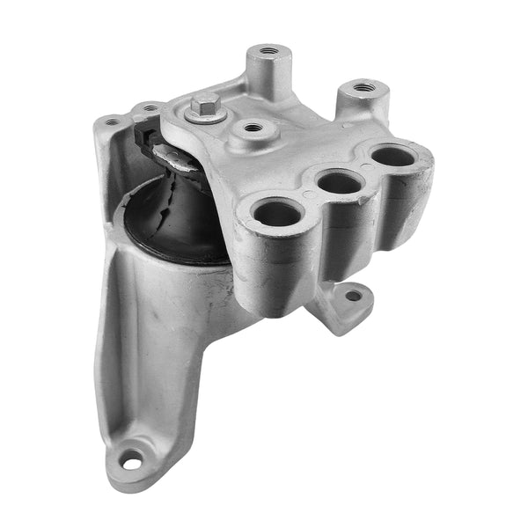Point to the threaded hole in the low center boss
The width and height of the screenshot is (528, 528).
253,128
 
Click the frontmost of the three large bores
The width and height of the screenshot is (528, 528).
278,212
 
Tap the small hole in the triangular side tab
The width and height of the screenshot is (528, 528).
354,296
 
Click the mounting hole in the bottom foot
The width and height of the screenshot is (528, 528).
131,458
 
